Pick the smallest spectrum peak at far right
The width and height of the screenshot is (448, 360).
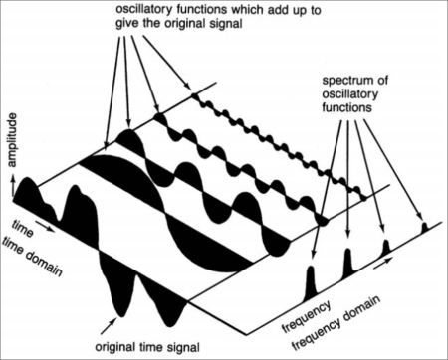pos(423,230)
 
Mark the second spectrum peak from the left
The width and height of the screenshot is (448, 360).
pos(347,263)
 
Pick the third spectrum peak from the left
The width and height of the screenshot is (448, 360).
pos(383,246)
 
